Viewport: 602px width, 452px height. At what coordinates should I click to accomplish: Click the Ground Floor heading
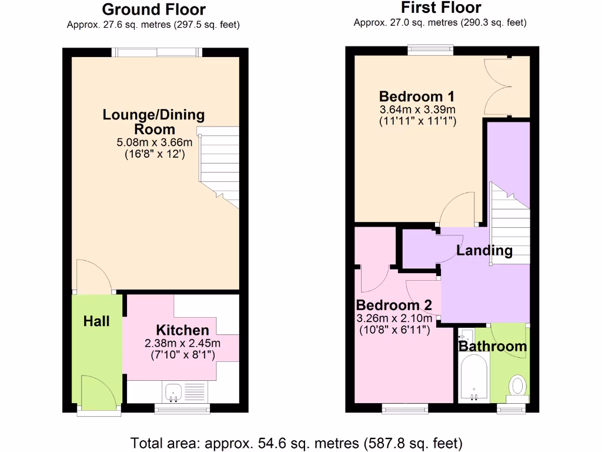pyautogui.click(x=153, y=10)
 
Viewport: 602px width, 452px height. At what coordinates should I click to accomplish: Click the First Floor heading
pyautogui.click(x=440, y=8)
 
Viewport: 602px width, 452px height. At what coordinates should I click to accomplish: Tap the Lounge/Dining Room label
pyautogui.click(x=154, y=122)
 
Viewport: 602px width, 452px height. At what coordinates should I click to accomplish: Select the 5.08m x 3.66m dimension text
pyautogui.click(x=155, y=142)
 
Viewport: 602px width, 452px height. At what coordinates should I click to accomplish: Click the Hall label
pyautogui.click(x=96, y=321)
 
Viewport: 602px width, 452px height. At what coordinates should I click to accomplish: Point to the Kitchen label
pyautogui.click(x=182, y=330)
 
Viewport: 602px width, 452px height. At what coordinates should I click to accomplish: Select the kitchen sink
pyautogui.click(x=174, y=391)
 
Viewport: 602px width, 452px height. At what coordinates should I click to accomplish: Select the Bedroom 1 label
pyautogui.click(x=417, y=97)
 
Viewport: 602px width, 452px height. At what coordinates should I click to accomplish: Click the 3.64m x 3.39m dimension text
pyautogui.click(x=417, y=110)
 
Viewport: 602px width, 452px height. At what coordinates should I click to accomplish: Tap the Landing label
pyautogui.click(x=484, y=251)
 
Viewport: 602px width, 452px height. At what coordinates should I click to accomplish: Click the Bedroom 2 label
pyautogui.click(x=394, y=305)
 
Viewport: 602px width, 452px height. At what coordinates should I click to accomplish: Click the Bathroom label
pyautogui.click(x=493, y=346)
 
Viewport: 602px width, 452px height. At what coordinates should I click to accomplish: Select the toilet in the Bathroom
pyautogui.click(x=518, y=387)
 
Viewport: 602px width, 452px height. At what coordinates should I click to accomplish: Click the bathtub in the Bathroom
pyautogui.click(x=474, y=380)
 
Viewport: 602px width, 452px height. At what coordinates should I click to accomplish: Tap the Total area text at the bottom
pyautogui.click(x=296, y=443)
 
